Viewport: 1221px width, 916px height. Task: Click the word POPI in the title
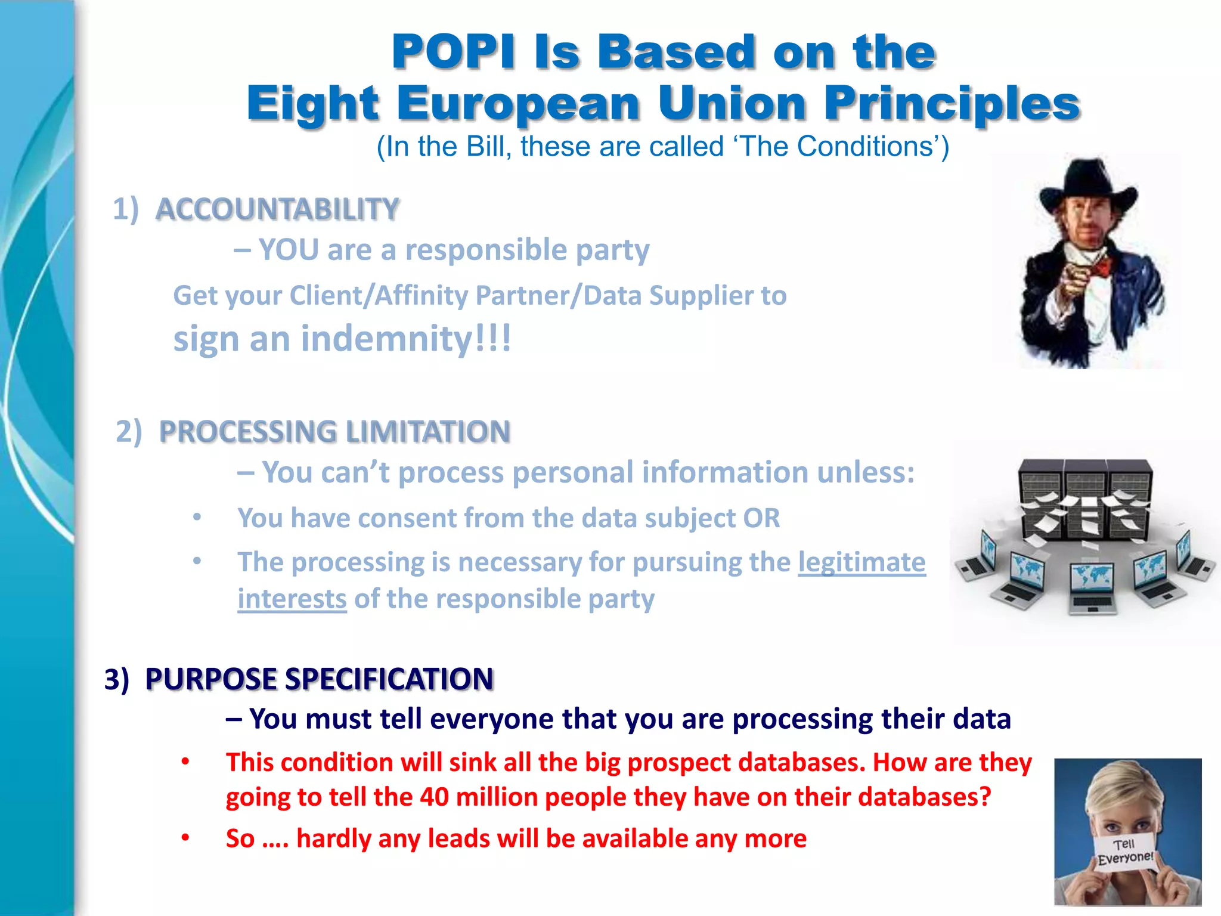tap(453, 52)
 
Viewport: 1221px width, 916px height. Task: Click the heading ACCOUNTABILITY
tap(277, 209)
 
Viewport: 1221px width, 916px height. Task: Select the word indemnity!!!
tap(406, 339)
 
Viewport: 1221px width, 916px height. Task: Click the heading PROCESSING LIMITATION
tap(334, 432)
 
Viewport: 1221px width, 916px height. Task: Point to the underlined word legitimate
tap(861, 562)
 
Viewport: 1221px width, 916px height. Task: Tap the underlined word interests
tap(292, 599)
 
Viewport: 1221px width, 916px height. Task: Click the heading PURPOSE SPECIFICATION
tap(319, 679)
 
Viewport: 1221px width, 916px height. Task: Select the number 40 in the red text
tap(434, 797)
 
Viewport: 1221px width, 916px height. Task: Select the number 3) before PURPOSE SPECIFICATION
tap(117, 679)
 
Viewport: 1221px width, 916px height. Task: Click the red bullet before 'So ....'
tap(185, 838)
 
